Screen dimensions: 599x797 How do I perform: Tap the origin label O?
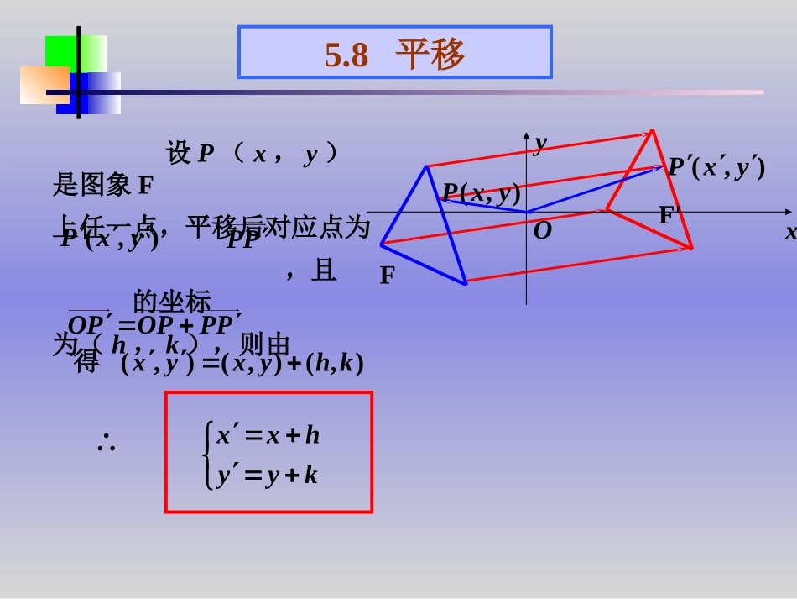(543, 231)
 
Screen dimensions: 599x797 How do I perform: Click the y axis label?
(540, 144)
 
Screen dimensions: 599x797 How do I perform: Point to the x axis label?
(790, 233)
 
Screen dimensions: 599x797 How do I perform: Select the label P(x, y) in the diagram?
(482, 193)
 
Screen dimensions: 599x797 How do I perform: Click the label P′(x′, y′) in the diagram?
(716, 167)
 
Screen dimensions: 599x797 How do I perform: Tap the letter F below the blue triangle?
(387, 275)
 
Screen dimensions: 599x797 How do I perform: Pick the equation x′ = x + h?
(268, 435)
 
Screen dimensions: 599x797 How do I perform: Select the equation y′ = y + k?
(268, 476)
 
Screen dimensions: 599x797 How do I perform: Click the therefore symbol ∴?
(106, 444)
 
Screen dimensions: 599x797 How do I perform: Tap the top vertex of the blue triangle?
(427, 166)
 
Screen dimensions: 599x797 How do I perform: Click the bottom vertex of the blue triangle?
(466, 284)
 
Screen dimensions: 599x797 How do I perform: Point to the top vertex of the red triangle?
(652, 130)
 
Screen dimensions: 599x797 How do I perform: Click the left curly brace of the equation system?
(207, 455)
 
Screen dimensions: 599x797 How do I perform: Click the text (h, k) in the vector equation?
(334, 364)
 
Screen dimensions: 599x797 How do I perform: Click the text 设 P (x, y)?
(252, 154)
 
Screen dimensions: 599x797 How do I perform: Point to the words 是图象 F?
(103, 185)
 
